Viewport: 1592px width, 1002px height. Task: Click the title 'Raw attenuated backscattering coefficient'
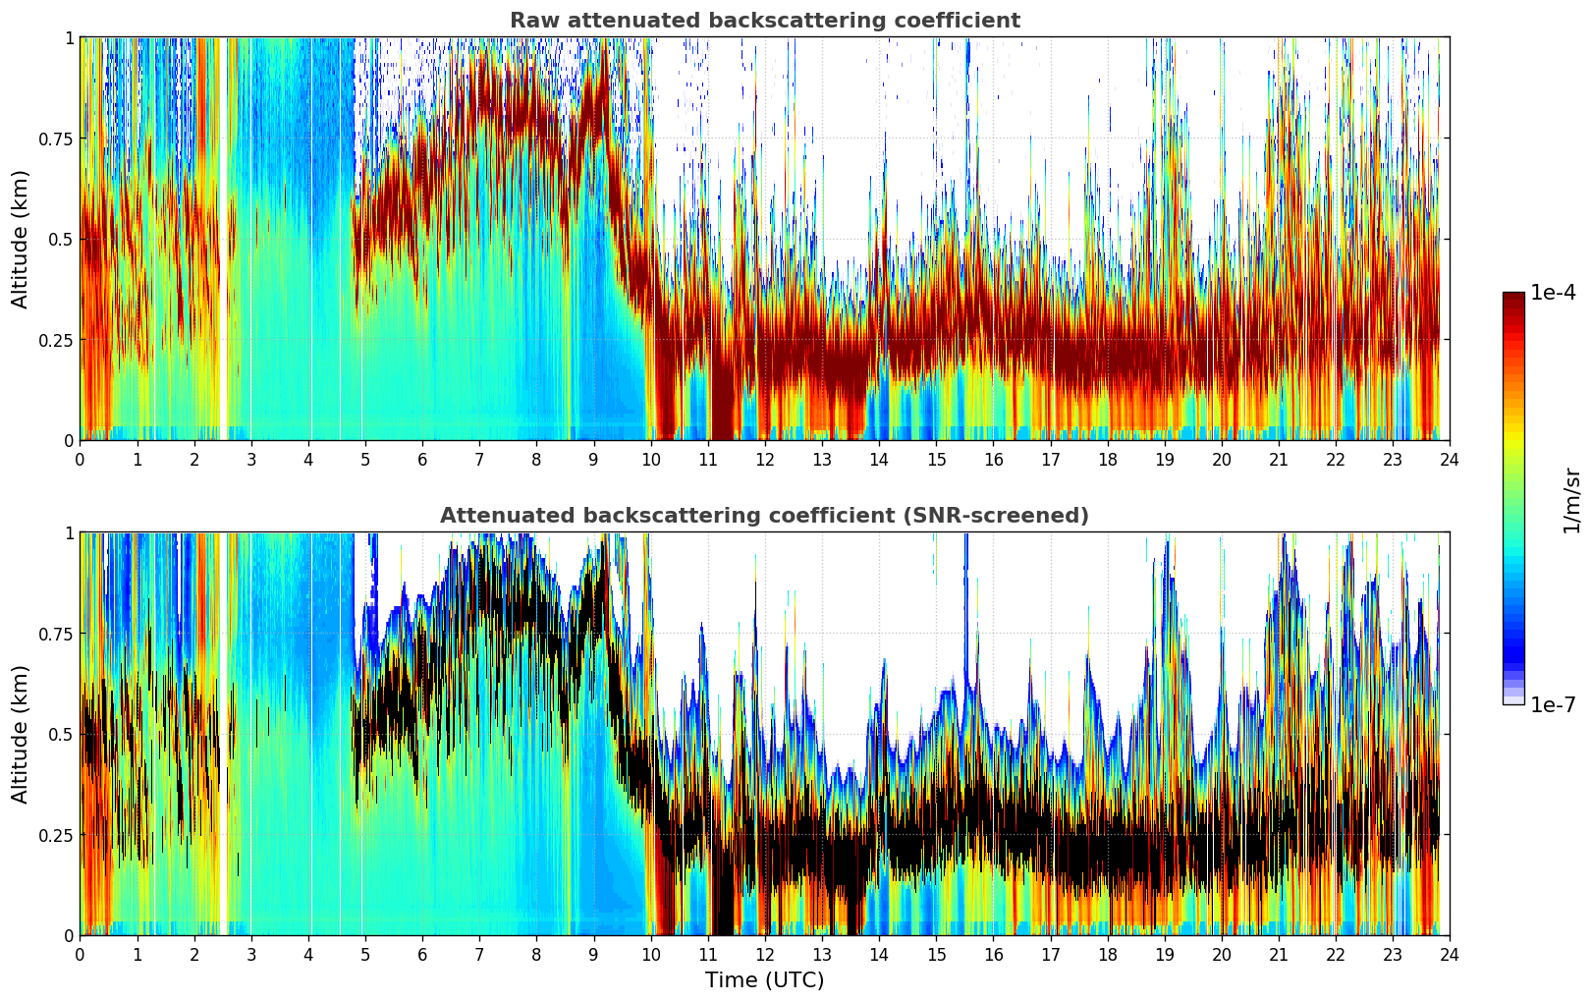click(764, 21)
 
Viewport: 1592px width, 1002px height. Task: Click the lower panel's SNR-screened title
click(764, 516)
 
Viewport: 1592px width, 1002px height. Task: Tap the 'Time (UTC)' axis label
click(764, 980)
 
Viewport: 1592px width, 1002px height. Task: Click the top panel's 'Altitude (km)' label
click(21, 239)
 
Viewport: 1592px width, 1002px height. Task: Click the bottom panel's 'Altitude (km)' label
click(21, 734)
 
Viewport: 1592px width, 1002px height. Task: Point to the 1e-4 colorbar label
click(1553, 293)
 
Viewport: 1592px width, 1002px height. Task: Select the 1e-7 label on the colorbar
click(1553, 705)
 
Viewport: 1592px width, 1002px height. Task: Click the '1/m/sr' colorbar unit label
click(1571, 500)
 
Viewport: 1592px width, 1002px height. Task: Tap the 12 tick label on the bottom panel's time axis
click(765, 954)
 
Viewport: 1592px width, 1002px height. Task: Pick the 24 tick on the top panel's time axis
click(1450, 459)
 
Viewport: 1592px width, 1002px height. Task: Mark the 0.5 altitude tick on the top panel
click(61, 239)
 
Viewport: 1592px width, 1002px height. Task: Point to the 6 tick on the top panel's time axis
click(422, 459)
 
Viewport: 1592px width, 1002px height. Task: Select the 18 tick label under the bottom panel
click(1108, 954)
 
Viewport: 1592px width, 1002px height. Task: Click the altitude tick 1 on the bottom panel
click(69, 533)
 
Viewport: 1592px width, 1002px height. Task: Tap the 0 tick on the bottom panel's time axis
click(80, 954)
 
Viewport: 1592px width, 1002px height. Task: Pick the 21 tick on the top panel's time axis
click(1279, 459)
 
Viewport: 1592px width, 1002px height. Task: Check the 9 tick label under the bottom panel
click(593, 954)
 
